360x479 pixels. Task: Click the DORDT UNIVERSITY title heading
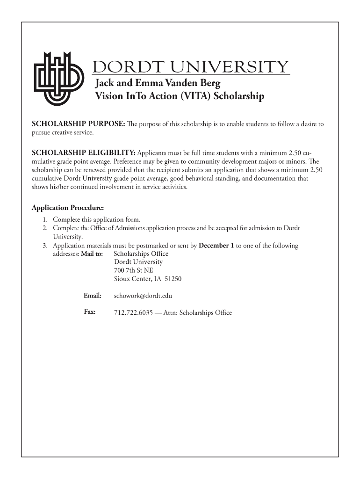click(x=191, y=67)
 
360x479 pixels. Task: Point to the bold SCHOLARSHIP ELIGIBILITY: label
click(x=83, y=153)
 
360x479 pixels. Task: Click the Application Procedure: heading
click(x=67, y=208)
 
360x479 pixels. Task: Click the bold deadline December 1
click(x=216, y=246)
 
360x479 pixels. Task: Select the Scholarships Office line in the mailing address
click(x=141, y=254)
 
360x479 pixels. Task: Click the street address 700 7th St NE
click(x=133, y=270)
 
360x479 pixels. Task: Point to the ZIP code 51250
click(x=172, y=279)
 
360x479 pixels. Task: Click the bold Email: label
click(x=93, y=296)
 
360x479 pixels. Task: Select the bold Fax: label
click(x=90, y=312)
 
